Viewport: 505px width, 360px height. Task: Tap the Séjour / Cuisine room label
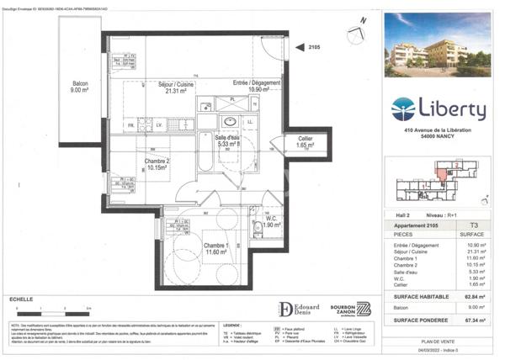(x=177, y=88)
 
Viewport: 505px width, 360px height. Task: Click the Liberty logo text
(x=457, y=110)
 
